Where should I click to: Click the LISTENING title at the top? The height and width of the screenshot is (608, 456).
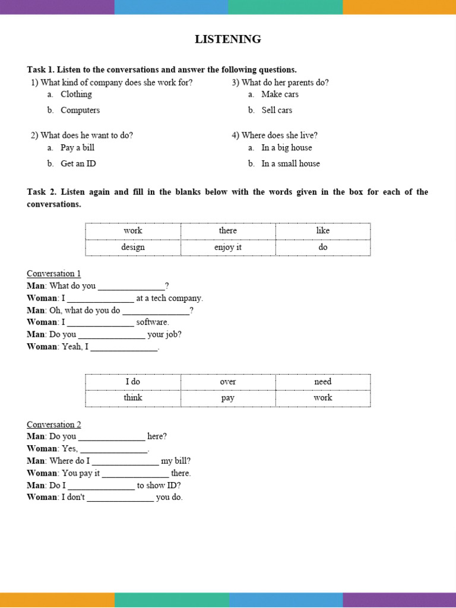click(228, 39)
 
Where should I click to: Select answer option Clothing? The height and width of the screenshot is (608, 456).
click(76, 94)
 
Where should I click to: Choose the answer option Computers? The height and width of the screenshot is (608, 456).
click(80, 110)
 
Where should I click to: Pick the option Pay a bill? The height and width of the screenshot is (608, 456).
click(77, 148)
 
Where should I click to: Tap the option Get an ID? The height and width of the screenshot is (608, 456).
click(78, 164)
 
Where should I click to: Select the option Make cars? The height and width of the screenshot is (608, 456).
click(280, 94)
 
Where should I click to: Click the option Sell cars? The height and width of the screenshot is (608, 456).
click(277, 110)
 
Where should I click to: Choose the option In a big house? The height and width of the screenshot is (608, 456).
click(286, 148)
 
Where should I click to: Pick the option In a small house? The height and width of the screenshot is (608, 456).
click(290, 164)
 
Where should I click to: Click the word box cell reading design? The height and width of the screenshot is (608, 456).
click(133, 247)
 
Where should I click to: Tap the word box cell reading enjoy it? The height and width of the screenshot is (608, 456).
click(228, 247)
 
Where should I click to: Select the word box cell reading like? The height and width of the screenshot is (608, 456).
click(323, 230)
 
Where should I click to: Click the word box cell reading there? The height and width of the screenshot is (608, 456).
click(228, 230)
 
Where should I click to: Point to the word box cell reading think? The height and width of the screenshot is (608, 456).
click(133, 398)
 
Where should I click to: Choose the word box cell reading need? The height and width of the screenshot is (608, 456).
click(323, 382)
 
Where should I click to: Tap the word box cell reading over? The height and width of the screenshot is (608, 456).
click(228, 382)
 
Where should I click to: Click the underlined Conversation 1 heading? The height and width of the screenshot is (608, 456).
click(54, 274)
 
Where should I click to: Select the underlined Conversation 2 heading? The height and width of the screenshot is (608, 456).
click(54, 425)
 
